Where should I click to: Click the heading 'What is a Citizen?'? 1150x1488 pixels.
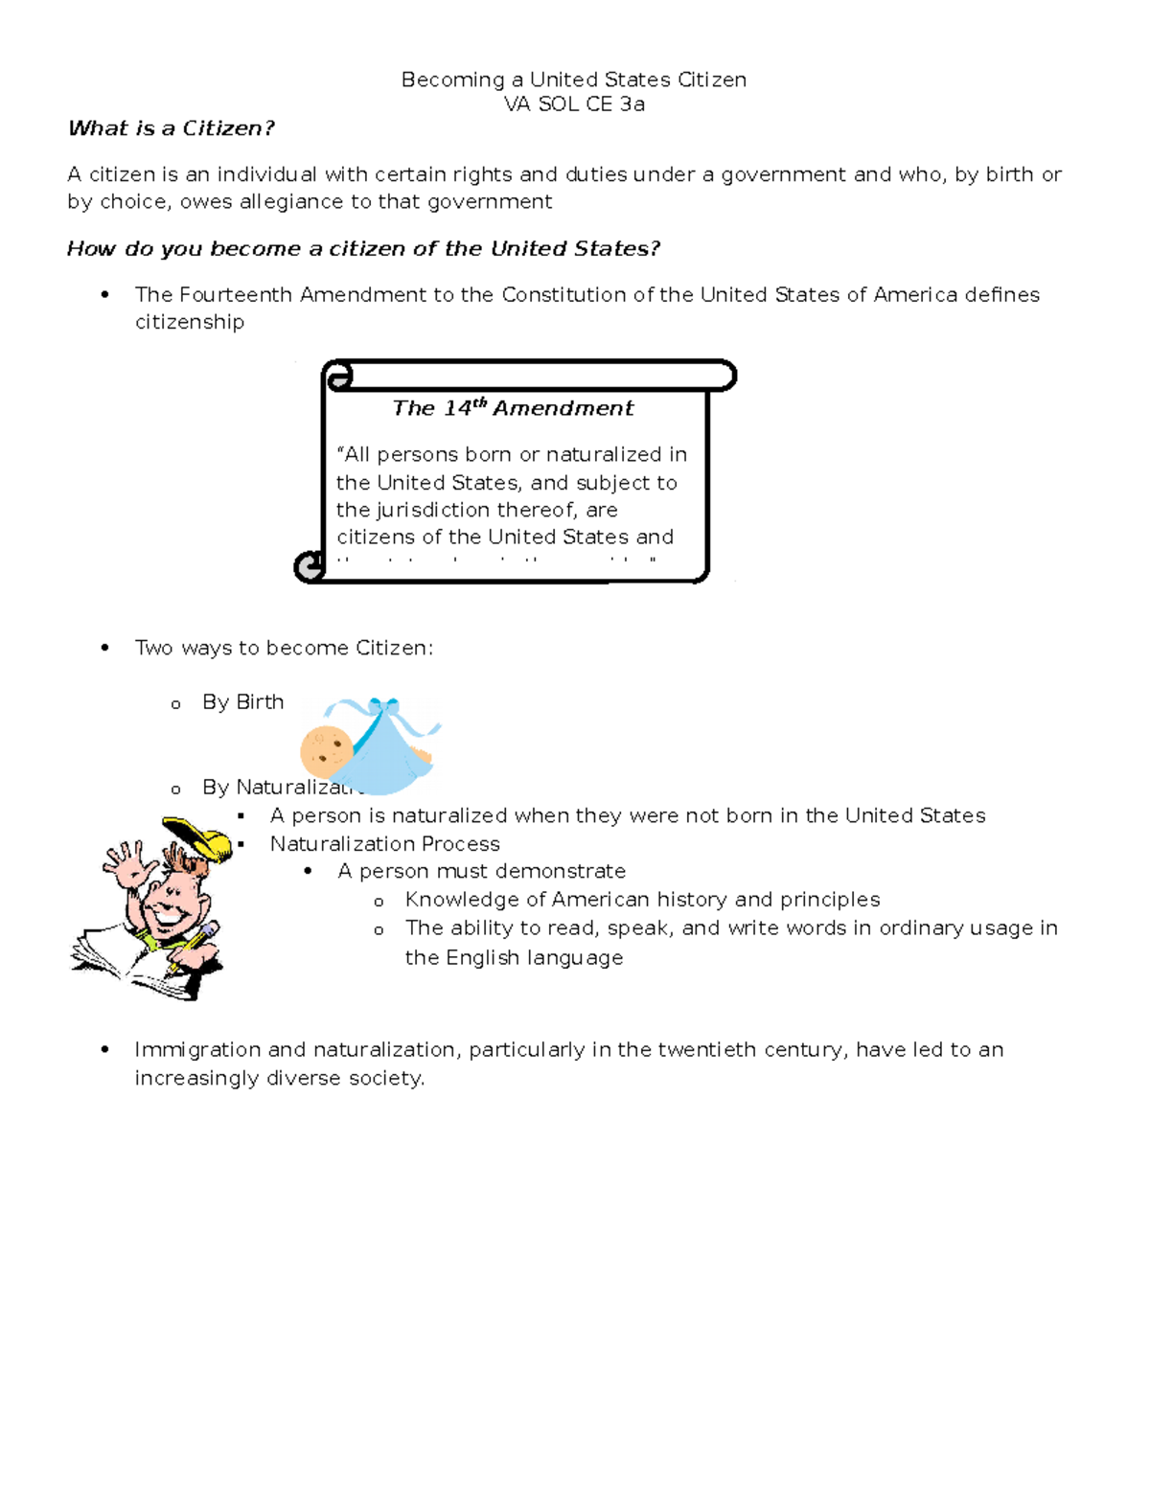click(172, 128)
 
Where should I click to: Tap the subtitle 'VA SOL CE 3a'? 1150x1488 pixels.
click(574, 104)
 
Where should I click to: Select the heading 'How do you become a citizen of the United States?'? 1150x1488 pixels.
click(363, 249)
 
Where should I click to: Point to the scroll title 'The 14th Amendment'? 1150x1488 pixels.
click(513, 408)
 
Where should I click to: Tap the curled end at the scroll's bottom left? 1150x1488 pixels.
click(310, 567)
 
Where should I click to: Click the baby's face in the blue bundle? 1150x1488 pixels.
click(326, 749)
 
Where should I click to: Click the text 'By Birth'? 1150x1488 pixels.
click(242, 702)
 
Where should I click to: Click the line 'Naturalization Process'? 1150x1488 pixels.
click(384, 844)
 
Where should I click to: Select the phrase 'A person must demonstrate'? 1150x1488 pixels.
click(481, 871)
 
